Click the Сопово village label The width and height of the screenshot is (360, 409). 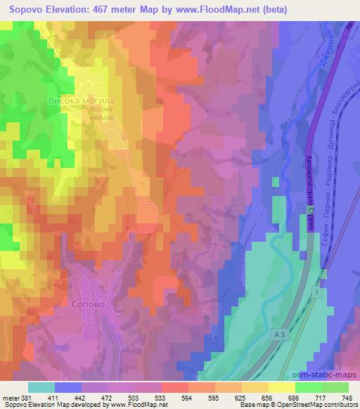[x=89, y=306]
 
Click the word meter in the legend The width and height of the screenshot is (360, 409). [x=11, y=397]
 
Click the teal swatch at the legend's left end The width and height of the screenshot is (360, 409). [x=41, y=387]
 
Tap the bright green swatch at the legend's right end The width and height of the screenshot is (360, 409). [x=335, y=387]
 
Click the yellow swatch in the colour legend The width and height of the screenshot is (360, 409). [x=281, y=387]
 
